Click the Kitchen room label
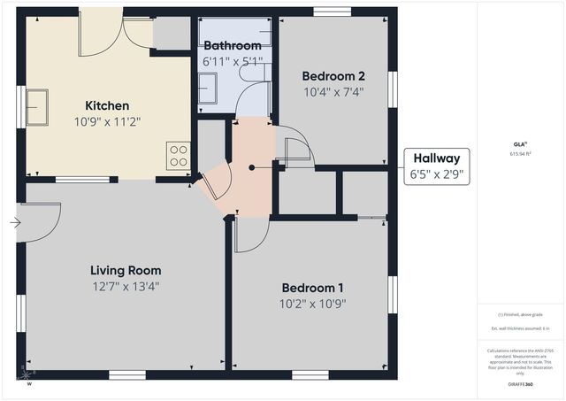(x=107, y=105)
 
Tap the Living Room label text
(x=126, y=270)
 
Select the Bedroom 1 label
(x=313, y=288)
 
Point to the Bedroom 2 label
(x=333, y=75)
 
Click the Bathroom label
(x=233, y=45)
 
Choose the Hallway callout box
(x=437, y=167)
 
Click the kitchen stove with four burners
(x=179, y=156)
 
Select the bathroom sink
(x=208, y=89)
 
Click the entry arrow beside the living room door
(x=15, y=223)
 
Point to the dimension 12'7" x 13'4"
(x=126, y=286)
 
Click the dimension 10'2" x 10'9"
(x=313, y=304)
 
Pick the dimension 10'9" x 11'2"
(x=107, y=121)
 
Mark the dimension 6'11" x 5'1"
(x=233, y=61)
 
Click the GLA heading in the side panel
(x=519, y=143)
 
